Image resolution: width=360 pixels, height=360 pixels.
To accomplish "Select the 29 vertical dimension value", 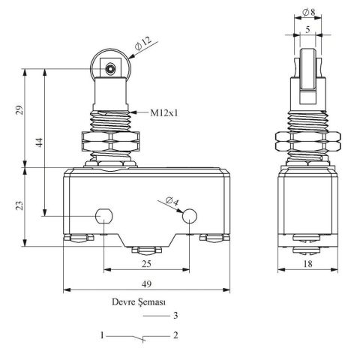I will click(x=19, y=111).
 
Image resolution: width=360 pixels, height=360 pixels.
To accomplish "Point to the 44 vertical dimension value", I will click(x=37, y=141).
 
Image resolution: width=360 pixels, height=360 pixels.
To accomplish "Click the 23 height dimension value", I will click(x=19, y=205).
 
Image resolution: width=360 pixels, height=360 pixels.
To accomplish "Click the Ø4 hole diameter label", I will click(x=171, y=200).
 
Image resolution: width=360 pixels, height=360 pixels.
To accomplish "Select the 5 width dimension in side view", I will click(x=309, y=30).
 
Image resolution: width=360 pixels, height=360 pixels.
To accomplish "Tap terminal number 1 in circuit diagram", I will click(x=99, y=335).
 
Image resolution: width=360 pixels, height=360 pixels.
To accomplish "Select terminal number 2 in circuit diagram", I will click(x=175, y=335).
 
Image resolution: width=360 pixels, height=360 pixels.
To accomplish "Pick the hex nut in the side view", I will click(x=308, y=143).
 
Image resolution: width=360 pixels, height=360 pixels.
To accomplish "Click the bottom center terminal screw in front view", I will click(x=147, y=249).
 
